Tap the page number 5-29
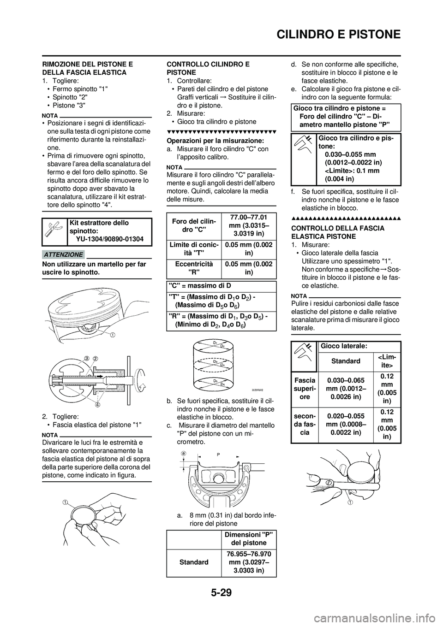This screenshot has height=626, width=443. (x=221, y=602)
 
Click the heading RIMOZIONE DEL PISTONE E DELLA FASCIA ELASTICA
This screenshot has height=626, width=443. (x=88, y=69)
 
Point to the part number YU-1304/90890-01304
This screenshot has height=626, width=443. (x=110, y=239)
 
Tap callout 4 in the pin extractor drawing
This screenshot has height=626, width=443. (x=98, y=405)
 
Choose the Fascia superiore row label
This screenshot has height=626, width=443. (x=305, y=388)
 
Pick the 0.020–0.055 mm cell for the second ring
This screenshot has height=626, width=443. (x=346, y=424)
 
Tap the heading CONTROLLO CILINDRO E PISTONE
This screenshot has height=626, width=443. (x=208, y=69)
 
